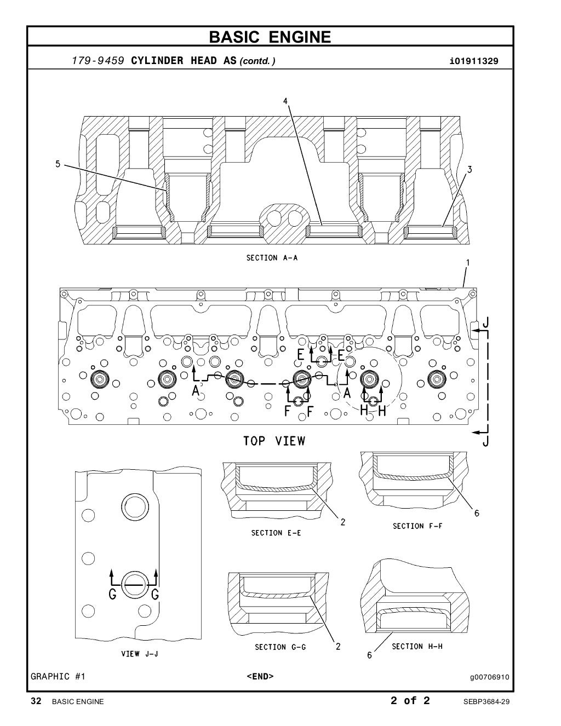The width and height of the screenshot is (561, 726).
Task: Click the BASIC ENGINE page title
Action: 270,37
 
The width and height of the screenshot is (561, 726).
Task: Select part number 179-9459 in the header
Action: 99,61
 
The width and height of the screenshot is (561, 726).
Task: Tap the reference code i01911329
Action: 473,61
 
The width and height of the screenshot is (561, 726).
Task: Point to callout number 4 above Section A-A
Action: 285,101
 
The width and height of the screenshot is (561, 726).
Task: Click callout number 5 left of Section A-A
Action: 58,163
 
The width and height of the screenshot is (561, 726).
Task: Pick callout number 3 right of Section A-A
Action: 469,170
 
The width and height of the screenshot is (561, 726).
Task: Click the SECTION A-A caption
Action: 272,257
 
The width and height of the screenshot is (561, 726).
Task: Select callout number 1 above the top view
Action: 467,263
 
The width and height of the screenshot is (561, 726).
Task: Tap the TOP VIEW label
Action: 274,441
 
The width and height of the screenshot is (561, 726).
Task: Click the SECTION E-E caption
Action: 276,533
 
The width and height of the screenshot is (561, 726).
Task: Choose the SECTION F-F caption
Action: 417,526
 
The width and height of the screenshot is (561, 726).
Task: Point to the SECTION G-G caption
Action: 280,647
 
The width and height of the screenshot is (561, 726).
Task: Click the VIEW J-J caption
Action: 140,654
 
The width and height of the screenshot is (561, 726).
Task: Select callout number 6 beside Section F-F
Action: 477,513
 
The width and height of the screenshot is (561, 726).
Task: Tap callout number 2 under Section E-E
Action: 343,522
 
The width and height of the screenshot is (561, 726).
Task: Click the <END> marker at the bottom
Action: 260,677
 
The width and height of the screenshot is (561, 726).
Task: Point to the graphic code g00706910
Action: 489,677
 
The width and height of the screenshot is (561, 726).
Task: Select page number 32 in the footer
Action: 36,701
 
